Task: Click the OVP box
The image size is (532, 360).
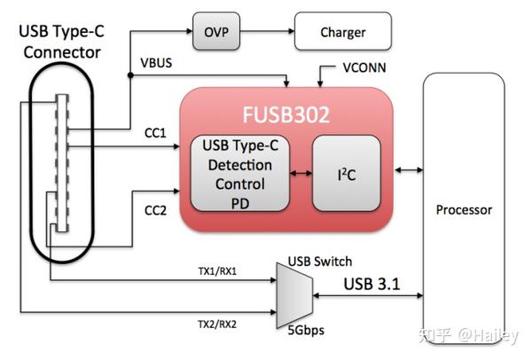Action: tap(216, 32)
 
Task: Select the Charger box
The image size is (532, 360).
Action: tap(342, 32)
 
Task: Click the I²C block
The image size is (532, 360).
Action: tap(344, 172)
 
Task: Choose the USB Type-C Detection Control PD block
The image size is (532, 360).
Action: tap(240, 173)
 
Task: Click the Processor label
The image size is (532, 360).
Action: tap(464, 210)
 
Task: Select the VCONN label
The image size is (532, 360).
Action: tap(364, 68)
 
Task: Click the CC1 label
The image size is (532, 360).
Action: tap(155, 133)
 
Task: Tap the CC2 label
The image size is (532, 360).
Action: tap(155, 212)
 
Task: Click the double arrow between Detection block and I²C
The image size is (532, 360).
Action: tap(301, 173)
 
